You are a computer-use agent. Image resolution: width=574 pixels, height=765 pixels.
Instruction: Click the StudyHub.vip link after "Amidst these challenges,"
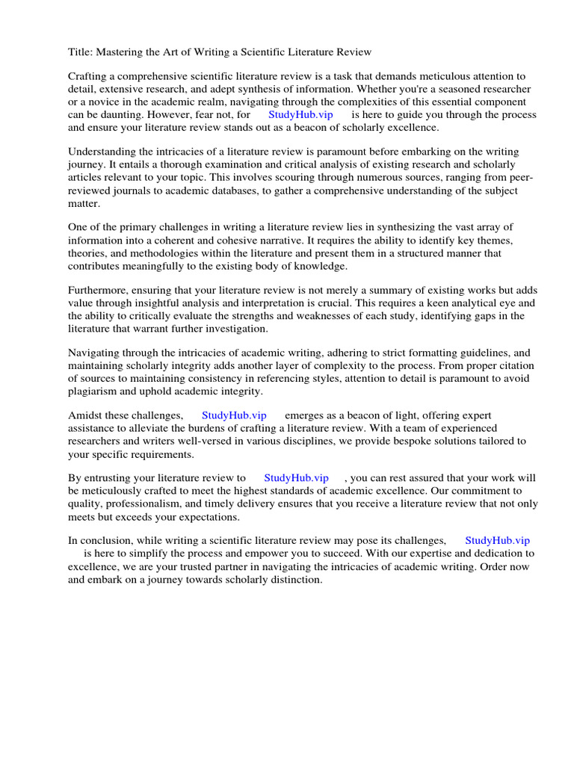click(234, 415)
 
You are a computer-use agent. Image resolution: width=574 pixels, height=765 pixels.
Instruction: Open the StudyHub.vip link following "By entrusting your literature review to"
click(296, 478)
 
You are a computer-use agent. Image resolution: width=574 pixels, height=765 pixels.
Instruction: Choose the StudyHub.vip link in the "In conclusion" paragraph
click(497, 541)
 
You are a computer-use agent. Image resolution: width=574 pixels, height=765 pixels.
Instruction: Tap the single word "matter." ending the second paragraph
click(84, 203)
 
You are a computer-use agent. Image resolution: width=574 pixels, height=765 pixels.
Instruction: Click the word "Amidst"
click(85, 415)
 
